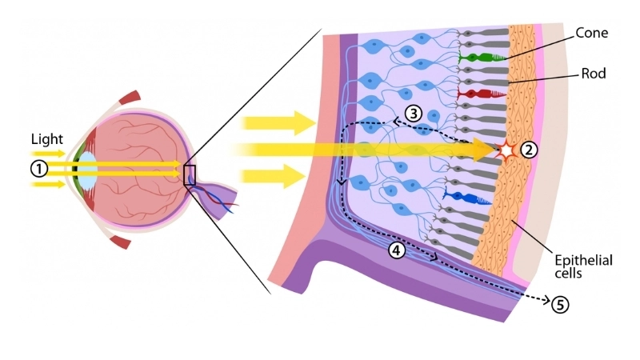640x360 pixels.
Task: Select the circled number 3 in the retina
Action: [x=412, y=113]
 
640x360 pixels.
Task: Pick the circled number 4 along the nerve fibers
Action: [x=397, y=250]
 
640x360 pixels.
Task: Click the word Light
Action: [x=46, y=138]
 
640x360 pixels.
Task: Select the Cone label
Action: [x=591, y=34]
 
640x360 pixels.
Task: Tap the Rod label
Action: [x=594, y=73]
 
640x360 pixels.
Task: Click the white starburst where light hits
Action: [x=506, y=150]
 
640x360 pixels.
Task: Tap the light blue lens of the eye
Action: [x=87, y=170]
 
